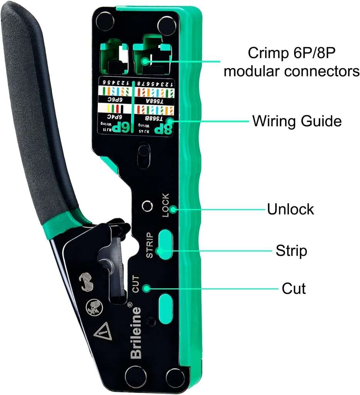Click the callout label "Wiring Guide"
coord(297,121)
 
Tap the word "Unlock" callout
coord(290,209)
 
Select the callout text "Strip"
coord(291,251)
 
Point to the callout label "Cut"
coord(294,288)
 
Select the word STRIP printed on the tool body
coord(150,245)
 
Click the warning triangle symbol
coord(103,331)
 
